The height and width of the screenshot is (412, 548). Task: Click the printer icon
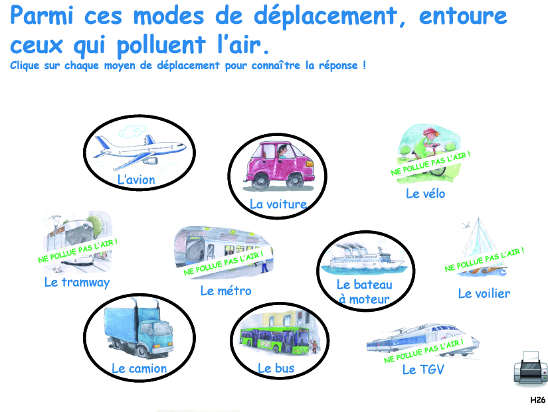(x=531, y=368)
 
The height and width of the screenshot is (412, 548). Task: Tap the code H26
(x=538, y=400)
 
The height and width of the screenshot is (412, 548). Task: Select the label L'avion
(x=136, y=180)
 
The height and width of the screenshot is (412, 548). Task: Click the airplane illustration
(x=139, y=151)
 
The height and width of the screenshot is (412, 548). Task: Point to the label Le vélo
(x=425, y=194)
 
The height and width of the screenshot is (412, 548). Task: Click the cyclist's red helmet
(x=430, y=133)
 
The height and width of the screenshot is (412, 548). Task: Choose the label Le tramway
(x=77, y=282)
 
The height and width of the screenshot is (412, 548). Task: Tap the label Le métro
(x=226, y=291)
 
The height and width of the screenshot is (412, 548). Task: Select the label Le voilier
(x=484, y=294)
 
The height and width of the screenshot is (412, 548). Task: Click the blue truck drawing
(x=139, y=328)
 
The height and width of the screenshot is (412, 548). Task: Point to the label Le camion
(x=139, y=368)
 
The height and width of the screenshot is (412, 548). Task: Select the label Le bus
(x=276, y=368)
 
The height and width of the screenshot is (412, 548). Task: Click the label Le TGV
(x=423, y=370)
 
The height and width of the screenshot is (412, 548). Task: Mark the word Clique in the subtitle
(x=25, y=66)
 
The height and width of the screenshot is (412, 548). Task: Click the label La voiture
(x=278, y=204)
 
